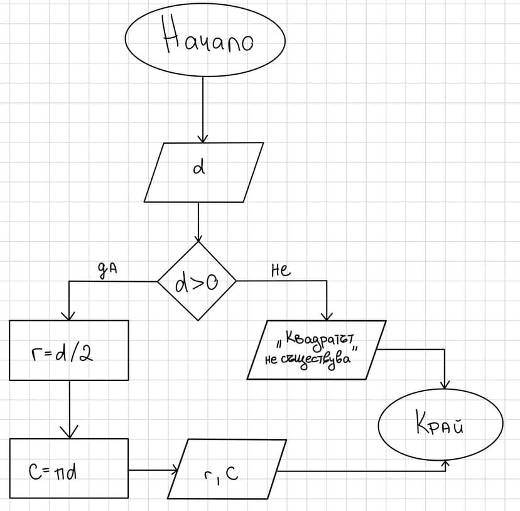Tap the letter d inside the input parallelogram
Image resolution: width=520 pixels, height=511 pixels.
(198, 169)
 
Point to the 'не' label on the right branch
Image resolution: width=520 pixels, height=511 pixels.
(280, 271)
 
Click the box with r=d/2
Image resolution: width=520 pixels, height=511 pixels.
(68, 350)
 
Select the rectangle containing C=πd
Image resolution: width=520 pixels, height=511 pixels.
(68, 468)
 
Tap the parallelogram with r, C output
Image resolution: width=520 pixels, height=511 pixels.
(227, 469)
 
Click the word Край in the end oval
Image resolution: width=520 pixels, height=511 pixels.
(440, 425)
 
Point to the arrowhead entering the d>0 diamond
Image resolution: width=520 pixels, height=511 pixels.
(198, 238)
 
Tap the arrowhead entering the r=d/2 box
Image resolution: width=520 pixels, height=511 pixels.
(68, 315)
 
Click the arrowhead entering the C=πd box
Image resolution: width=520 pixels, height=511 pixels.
(69, 433)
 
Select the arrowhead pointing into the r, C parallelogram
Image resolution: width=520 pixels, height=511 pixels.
(175, 469)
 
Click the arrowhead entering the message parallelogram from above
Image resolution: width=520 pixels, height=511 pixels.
(327, 316)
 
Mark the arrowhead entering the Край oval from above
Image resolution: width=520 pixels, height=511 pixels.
(446, 384)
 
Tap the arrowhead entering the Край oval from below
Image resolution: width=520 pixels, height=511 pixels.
(446, 464)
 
